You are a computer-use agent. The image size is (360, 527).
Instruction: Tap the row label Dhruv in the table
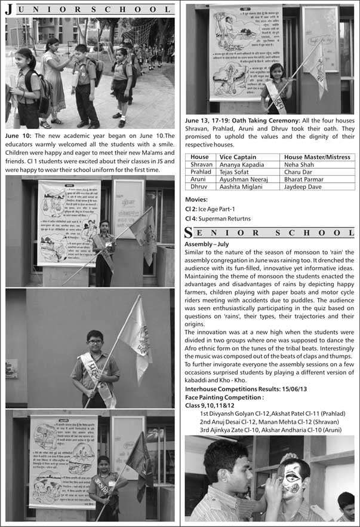199,186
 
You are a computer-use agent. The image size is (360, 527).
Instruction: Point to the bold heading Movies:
196,200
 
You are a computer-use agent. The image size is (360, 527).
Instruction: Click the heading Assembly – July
207,244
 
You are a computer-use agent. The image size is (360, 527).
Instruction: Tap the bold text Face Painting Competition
224,397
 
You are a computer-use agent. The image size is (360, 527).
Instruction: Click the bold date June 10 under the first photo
19,136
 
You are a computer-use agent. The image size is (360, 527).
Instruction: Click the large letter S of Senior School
189,232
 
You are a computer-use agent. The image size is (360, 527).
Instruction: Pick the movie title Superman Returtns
231,218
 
